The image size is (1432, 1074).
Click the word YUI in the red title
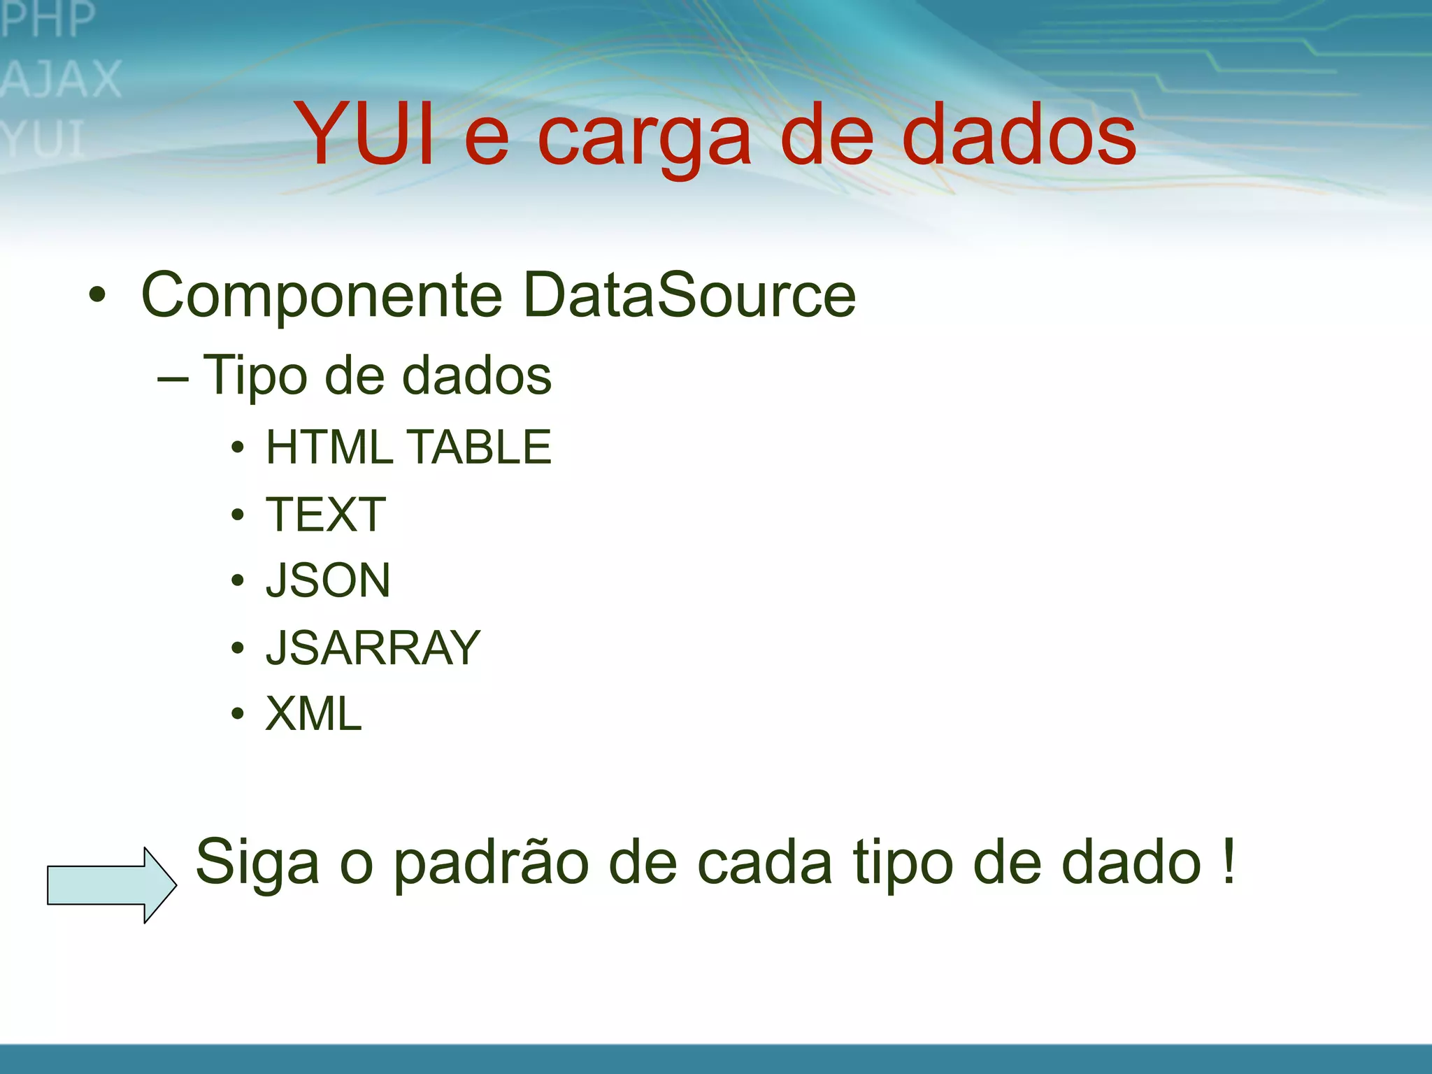pos(364,134)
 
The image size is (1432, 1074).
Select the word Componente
pos(322,296)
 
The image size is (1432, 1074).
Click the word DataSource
pos(689,294)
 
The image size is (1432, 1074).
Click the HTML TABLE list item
pos(408,447)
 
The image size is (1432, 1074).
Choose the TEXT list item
pos(326,515)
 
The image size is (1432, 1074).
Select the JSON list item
pos(328,580)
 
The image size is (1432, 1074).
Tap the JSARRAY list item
pos(373,647)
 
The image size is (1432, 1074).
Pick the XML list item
pos(314,714)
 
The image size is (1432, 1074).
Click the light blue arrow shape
pos(111,885)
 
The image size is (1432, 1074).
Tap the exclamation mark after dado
pos(1229,861)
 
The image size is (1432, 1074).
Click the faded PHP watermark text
pos(48,19)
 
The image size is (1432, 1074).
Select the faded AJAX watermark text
pos(62,79)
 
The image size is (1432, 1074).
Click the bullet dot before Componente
pos(97,295)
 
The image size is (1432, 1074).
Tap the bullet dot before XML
pos(238,714)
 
